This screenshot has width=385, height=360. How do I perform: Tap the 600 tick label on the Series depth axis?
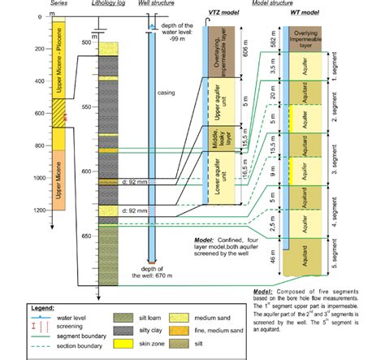click(39, 114)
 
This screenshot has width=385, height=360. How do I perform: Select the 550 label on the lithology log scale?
click(86, 106)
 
